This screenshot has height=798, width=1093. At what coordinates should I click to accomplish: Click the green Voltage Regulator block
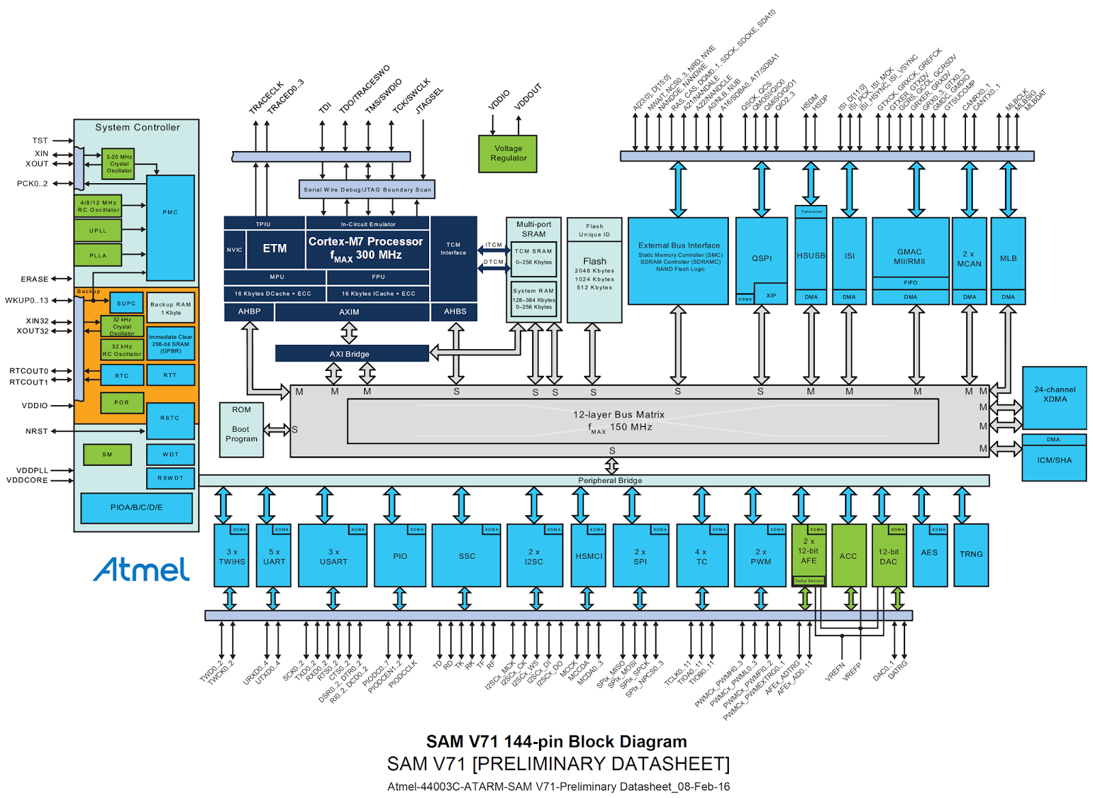[x=508, y=153]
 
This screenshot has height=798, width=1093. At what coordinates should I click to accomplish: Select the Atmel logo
[x=141, y=569]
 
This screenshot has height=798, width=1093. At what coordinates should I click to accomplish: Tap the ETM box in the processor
[x=275, y=249]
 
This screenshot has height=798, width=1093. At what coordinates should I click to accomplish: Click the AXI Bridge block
[x=351, y=354]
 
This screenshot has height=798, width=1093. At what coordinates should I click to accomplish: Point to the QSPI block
[x=761, y=258]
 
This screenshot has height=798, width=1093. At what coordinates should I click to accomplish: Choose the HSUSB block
[x=811, y=256]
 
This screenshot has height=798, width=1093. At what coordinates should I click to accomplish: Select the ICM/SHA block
[x=1054, y=460]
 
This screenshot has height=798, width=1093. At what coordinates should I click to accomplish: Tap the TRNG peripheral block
[x=971, y=554]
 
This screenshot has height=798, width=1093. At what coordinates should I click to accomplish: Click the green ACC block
[x=848, y=556]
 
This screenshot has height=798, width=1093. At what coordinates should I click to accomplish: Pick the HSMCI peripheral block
[x=588, y=556]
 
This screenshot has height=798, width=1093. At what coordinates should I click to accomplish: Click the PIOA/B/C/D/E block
[x=136, y=508]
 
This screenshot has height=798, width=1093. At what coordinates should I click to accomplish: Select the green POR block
[x=122, y=402]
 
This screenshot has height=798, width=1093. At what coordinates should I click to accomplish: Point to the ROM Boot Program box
[x=241, y=429]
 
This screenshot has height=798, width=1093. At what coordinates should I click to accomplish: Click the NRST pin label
[x=37, y=431]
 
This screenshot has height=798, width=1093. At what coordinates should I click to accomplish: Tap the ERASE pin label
[x=34, y=279]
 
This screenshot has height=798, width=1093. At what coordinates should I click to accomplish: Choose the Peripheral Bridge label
[x=609, y=480]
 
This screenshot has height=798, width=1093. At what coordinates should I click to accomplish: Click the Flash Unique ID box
[x=594, y=230]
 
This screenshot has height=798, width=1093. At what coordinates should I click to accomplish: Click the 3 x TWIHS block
[x=232, y=556]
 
